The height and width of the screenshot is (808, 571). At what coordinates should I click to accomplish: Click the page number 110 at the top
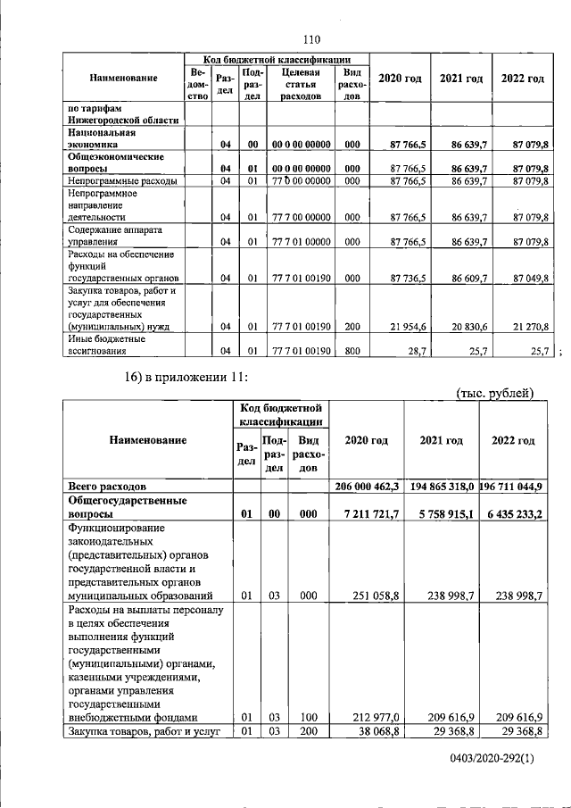pyautogui.click(x=310, y=38)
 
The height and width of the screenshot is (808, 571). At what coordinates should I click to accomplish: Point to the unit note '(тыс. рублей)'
pyautogui.click(x=494, y=392)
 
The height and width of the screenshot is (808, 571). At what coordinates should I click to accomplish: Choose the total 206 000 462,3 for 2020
pyautogui.click(x=367, y=487)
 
